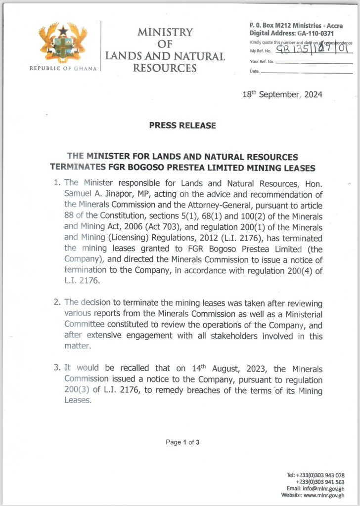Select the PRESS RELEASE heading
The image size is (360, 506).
182,125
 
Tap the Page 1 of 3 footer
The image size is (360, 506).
182,442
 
